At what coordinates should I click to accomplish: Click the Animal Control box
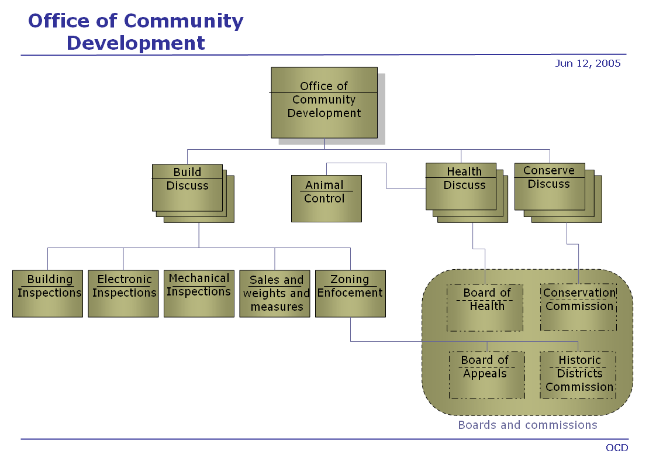pyautogui.click(x=326, y=198)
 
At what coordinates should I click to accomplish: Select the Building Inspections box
pyautogui.click(x=47, y=293)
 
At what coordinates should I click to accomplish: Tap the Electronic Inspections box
pyautogui.click(x=123, y=293)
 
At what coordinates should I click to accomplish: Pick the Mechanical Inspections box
pyautogui.click(x=199, y=293)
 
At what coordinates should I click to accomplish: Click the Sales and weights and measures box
pyautogui.click(x=275, y=293)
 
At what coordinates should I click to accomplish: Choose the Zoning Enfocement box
pyautogui.click(x=350, y=293)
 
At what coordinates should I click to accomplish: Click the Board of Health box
pyautogui.click(x=485, y=308)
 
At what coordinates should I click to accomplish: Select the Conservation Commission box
pyautogui.click(x=578, y=308)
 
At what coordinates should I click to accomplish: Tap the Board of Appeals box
pyautogui.click(x=486, y=375)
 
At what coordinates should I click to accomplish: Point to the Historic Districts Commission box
pyautogui.click(x=578, y=375)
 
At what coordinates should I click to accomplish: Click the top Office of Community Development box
pyautogui.click(x=324, y=102)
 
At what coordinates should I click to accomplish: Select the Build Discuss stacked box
pyautogui.click(x=187, y=187)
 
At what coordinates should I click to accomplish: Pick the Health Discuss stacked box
pyautogui.click(x=461, y=186)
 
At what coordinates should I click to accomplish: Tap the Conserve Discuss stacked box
pyautogui.click(x=550, y=186)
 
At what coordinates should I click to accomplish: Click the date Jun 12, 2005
pyautogui.click(x=588, y=63)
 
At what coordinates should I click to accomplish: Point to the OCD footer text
pyautogui.click(x=617, y=448)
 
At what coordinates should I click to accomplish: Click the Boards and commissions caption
pyautogui.click(x=527, y=425)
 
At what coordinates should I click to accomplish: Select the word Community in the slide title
pyautogui.click(x=184, y=21)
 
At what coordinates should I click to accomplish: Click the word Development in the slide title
pyautogui.click(x=136, y=43)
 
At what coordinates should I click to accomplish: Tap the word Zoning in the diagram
pyautogui.click(x=350, y=279)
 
